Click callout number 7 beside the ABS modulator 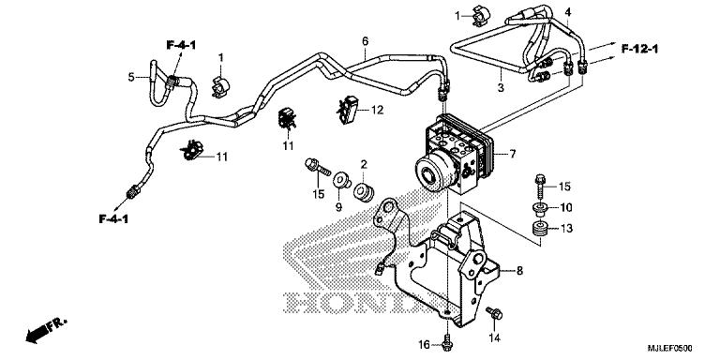pyautogui.click(x=512, y=153)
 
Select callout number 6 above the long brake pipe pyautogui.click(x=365, y=41)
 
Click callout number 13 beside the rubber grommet pyautogui.click(x=565, y=229)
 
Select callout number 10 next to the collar pyautogui.click(x=565, y=207)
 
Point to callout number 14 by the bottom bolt pyautogui.click(x=496, y=336)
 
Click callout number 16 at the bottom pyautogui.click(x=424, y=345)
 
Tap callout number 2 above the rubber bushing pyautogui.click(x=364, y=165)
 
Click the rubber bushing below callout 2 pyautogui.click(x=363, y=191)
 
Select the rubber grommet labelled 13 pyautogui.click(x=540, y=230)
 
